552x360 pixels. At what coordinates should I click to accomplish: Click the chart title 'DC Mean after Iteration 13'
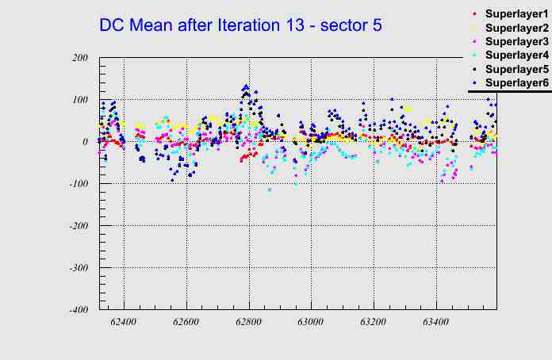pos(240,25)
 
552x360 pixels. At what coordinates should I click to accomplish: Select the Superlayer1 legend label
pos(516,15)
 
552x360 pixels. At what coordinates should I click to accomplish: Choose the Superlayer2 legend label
pos(516,29)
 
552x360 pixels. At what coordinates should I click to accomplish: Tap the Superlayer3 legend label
pos(516,41)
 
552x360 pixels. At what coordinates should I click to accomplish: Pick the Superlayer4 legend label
pos(516,55)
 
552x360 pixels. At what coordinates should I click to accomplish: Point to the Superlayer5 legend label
pos(516,69)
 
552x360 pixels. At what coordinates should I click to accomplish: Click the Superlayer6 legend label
pos(516,82)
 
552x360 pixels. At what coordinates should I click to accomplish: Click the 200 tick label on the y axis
pos(79,58)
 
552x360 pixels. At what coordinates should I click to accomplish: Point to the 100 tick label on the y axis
pos(79,100)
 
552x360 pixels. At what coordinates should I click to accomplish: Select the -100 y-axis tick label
pos(78,184)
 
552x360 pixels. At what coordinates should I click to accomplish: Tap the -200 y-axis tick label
pos(78,226)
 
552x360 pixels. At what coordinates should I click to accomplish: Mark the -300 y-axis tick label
pos(78,268)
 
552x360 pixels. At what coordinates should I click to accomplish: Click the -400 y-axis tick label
pos(78,310)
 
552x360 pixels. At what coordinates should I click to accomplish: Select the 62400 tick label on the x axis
pos(124,323)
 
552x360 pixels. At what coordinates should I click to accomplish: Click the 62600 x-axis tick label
pos(186,323)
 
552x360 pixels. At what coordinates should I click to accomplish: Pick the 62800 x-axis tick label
pos(248,323)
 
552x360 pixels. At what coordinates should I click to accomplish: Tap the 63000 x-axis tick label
pos(310,323)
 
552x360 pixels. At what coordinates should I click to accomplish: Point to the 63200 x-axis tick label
pos(373,323)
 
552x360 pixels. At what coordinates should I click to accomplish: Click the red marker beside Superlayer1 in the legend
pos(474,14)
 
